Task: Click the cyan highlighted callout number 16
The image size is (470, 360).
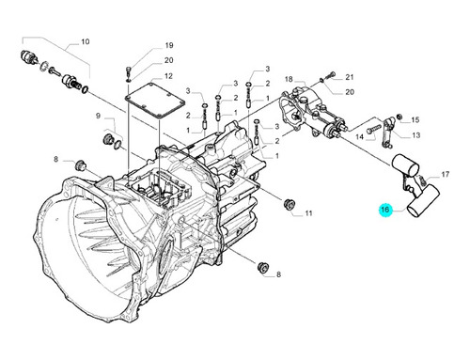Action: click(x=385, y=209)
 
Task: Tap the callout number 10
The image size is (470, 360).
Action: click(x=86, y=41)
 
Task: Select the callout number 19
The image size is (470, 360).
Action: click(x=169, y=45)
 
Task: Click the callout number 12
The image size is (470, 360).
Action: click(x=168, y=76)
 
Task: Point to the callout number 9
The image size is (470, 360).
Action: click(x=98, y=116)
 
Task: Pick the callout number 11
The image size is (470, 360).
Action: click(x=308, y=213)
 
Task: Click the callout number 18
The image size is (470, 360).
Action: click(x=289, y=79)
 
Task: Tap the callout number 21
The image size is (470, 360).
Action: click(x=350, y=77)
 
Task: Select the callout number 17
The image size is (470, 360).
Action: click(x=446, y=174)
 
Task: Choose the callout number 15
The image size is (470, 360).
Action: click(x=415, y=120)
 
